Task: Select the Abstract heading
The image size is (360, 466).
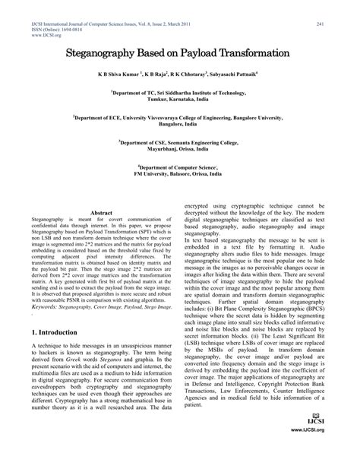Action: tap(101, 192)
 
